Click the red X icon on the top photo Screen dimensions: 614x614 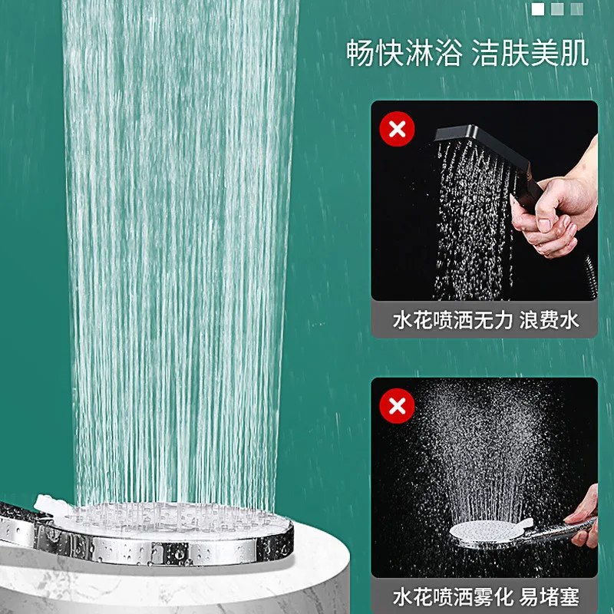[397, 128]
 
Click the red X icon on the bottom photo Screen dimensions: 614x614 [397, 404]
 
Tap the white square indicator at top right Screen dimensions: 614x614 [538, 9]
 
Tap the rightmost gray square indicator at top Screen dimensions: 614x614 [577, 9]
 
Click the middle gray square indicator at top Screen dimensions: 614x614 [558, 9]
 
